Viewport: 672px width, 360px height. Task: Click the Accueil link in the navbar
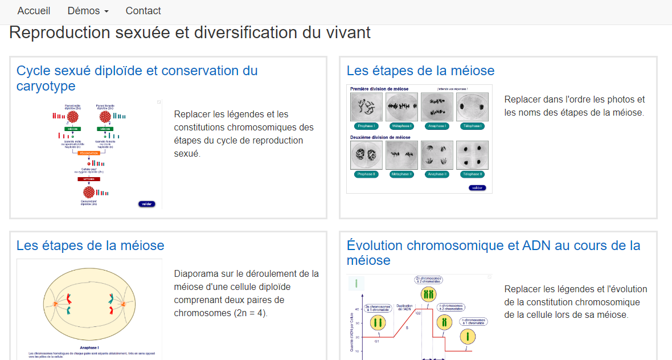[34, 11]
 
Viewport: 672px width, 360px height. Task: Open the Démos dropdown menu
[88, 11]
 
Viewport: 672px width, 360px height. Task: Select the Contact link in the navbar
[143, 11]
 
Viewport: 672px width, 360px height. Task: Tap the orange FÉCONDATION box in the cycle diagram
[88, 153]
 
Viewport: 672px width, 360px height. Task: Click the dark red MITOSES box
[88, 179]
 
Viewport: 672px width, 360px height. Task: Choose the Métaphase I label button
[401, 126]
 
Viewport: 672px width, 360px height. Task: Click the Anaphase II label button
[436, 174]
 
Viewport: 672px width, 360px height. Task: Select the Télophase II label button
[472, 174]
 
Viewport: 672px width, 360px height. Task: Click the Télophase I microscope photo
[472, 107]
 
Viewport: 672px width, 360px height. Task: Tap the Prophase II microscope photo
[366, 155]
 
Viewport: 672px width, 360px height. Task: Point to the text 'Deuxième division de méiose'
[380, 137]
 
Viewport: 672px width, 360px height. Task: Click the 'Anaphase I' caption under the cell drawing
[89, 347]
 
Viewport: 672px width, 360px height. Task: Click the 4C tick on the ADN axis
[357, 309]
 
